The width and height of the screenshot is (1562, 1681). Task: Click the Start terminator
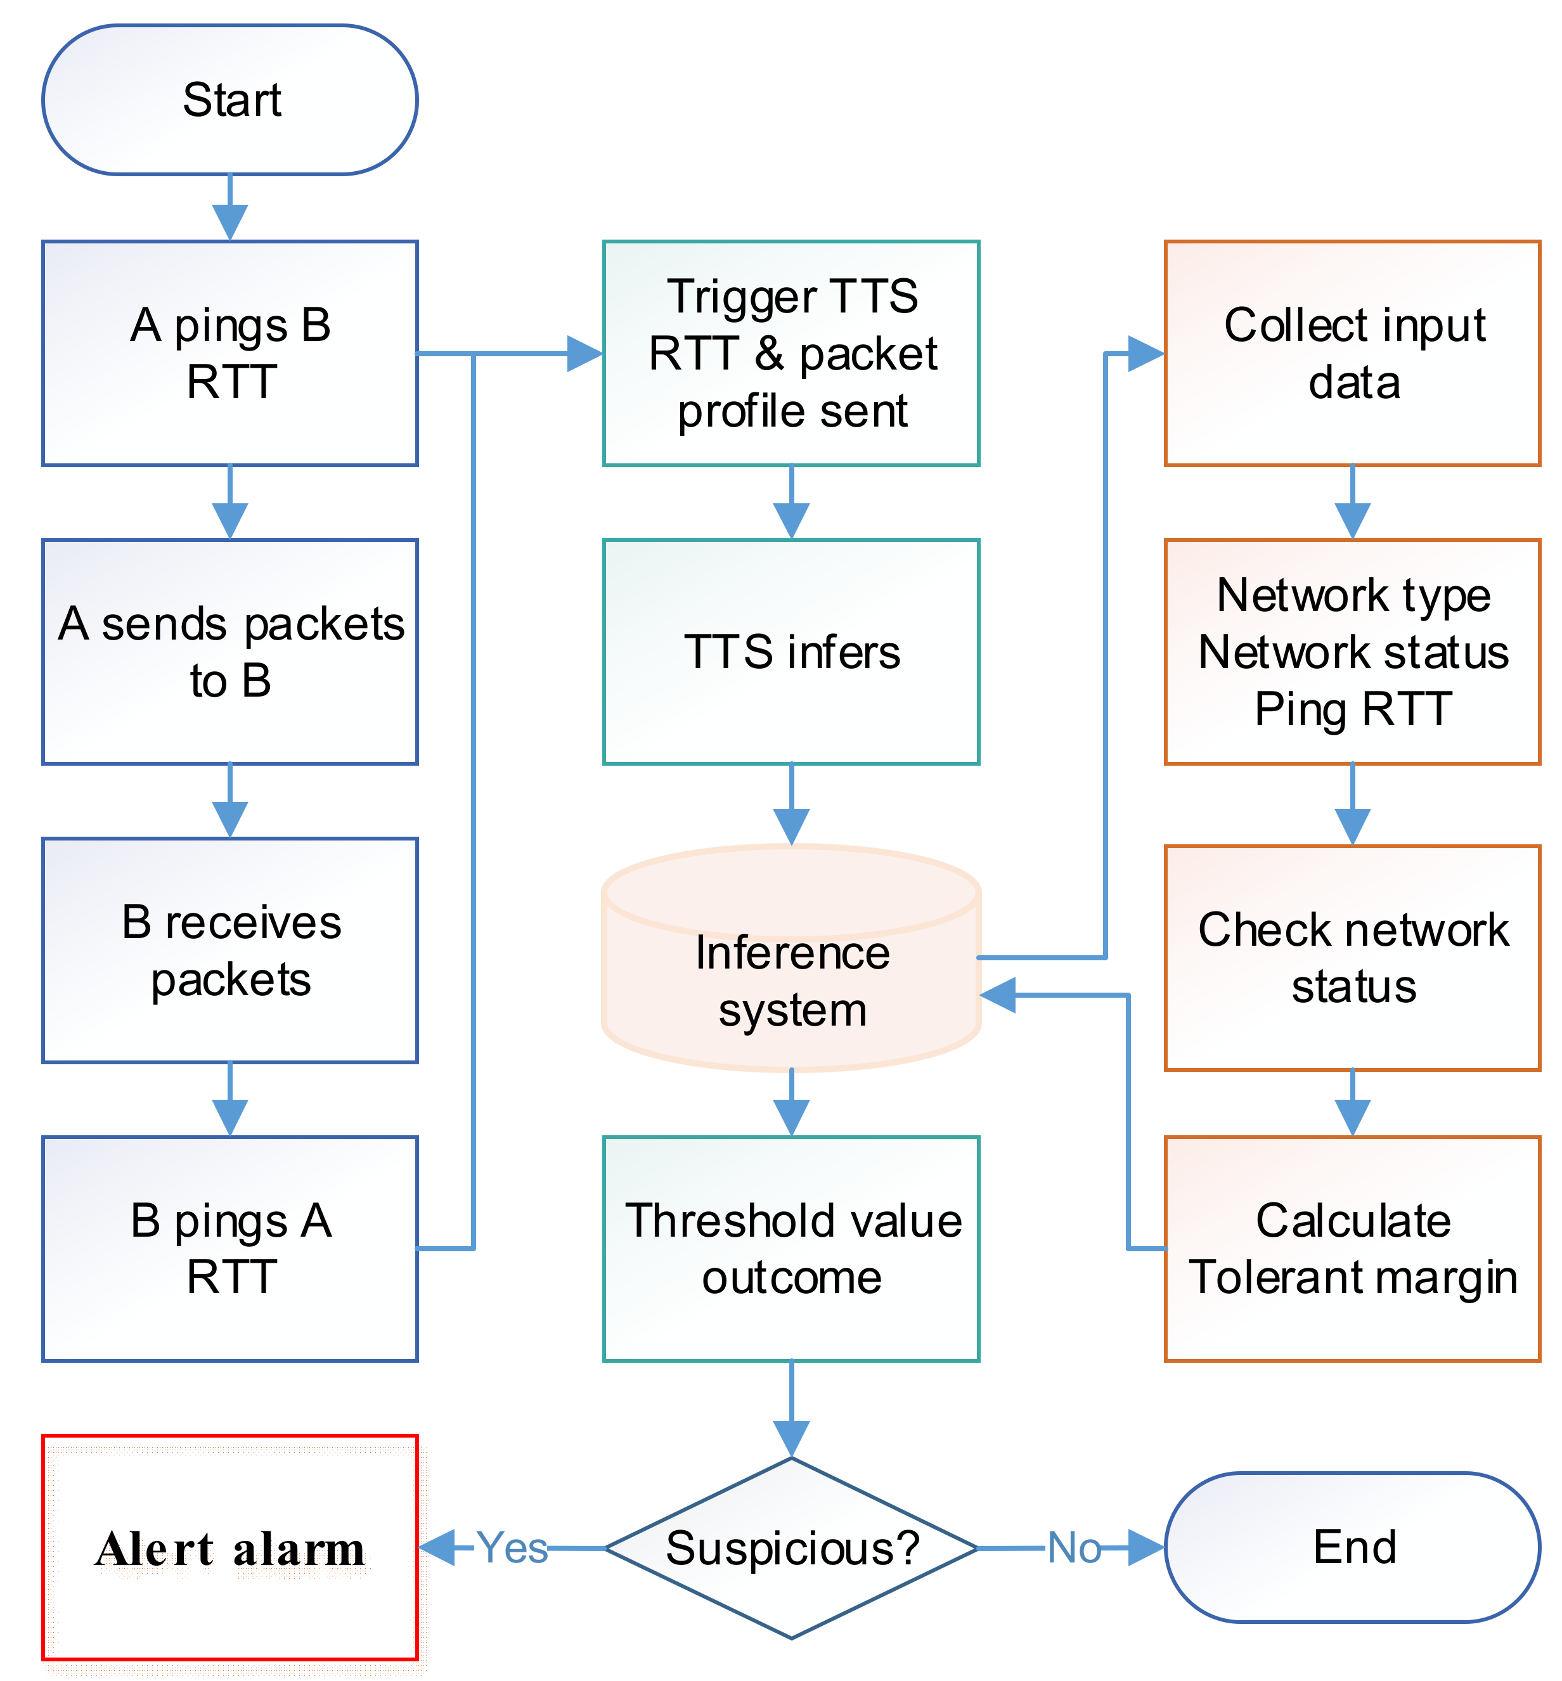pyautogui.click(x=230, y=100)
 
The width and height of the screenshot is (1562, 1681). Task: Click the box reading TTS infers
pyautogui.click(x=791, y=652)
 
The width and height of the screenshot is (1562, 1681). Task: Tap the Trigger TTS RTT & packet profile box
pyautogui.click(x=791, y=353)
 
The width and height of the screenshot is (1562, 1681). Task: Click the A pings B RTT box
pyautogui.click(x=230, y=353)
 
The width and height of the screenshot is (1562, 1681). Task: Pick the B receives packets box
pyautogui.click(x=230, y=950)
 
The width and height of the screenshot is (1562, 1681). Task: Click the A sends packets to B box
pyautogui.click(x=230, y=652)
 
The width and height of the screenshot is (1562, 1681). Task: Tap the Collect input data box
pyautogui.click(x=1352, y=353)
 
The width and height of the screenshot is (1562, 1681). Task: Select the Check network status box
pyautogui.click(x=1352, y=958)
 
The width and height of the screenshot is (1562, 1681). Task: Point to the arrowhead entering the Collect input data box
pyautogui.click(x=1146, y=353)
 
